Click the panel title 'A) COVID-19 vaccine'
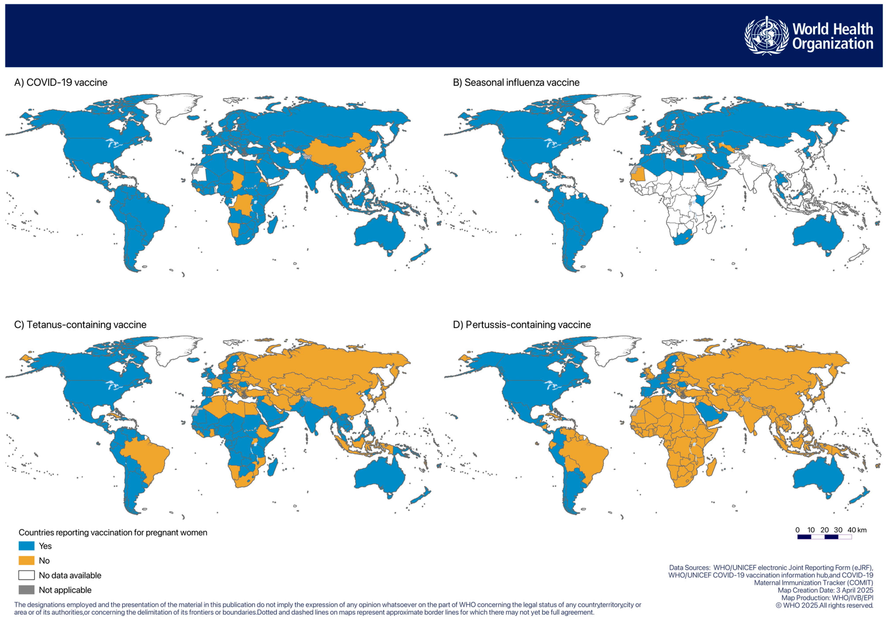click(61, 82)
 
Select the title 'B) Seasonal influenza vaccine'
click(516, 82)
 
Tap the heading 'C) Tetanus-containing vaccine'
click(80, 324)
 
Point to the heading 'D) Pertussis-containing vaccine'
click(522, 324)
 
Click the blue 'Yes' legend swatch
click(26, 546)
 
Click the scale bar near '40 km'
click(824, 537)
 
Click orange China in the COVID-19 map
click(340, 155)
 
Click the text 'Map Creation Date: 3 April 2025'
click(825, 590)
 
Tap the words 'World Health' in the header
click(832, 29)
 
